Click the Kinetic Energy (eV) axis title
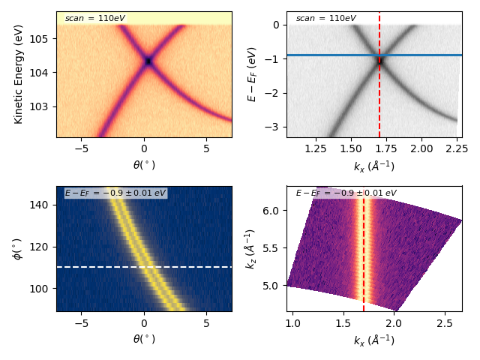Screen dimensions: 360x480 (x=19, y=74)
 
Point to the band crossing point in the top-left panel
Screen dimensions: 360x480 (x=148, y=61)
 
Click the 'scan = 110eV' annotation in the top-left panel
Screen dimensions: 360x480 (x=94, y=18)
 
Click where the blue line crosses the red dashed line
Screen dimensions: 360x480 (x=379, y=55)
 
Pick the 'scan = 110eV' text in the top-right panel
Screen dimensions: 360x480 (x=325, y=18)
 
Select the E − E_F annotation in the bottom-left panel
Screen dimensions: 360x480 (x=115, y=193)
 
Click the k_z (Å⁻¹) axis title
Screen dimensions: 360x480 (x=252, y=248)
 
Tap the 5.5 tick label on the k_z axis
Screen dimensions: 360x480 (x=273, y=247)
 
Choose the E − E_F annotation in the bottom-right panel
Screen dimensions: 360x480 (x=346, y=193)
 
